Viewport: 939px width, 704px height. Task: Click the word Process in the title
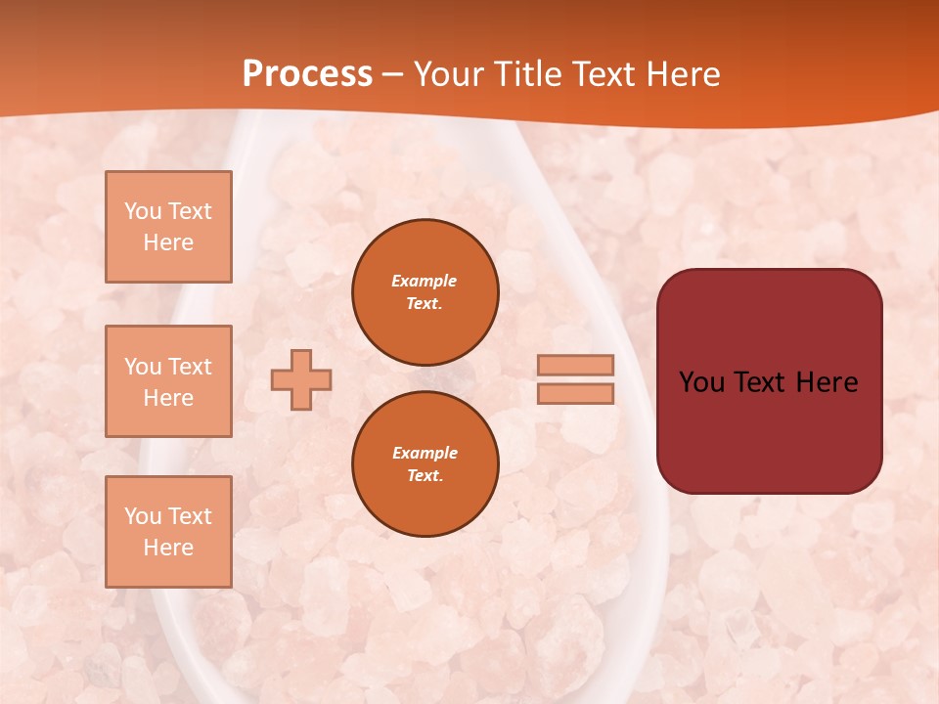click(x=307, y=73)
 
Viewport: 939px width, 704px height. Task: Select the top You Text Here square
click(x=168, y=227)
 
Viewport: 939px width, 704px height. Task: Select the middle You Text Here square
click(x=168, y=381)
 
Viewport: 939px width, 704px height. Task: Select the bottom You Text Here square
click(x=168, y=532)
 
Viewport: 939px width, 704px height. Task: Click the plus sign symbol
click(x=301, y=379)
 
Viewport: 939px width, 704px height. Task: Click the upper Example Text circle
click(x=425, y=292)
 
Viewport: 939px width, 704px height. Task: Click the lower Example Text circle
click(x=425, y=464)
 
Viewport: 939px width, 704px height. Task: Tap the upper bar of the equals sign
click(x=575, y=365)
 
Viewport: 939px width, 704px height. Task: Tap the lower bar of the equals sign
click(x=575, y=393)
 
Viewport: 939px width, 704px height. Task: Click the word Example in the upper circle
click(x=425, y=281)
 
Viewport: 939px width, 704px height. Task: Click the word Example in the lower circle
click(x=425, y=453)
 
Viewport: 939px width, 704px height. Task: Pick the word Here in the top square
click(x=168, y=242)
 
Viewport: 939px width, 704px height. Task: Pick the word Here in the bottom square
click(x=168, y=548)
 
